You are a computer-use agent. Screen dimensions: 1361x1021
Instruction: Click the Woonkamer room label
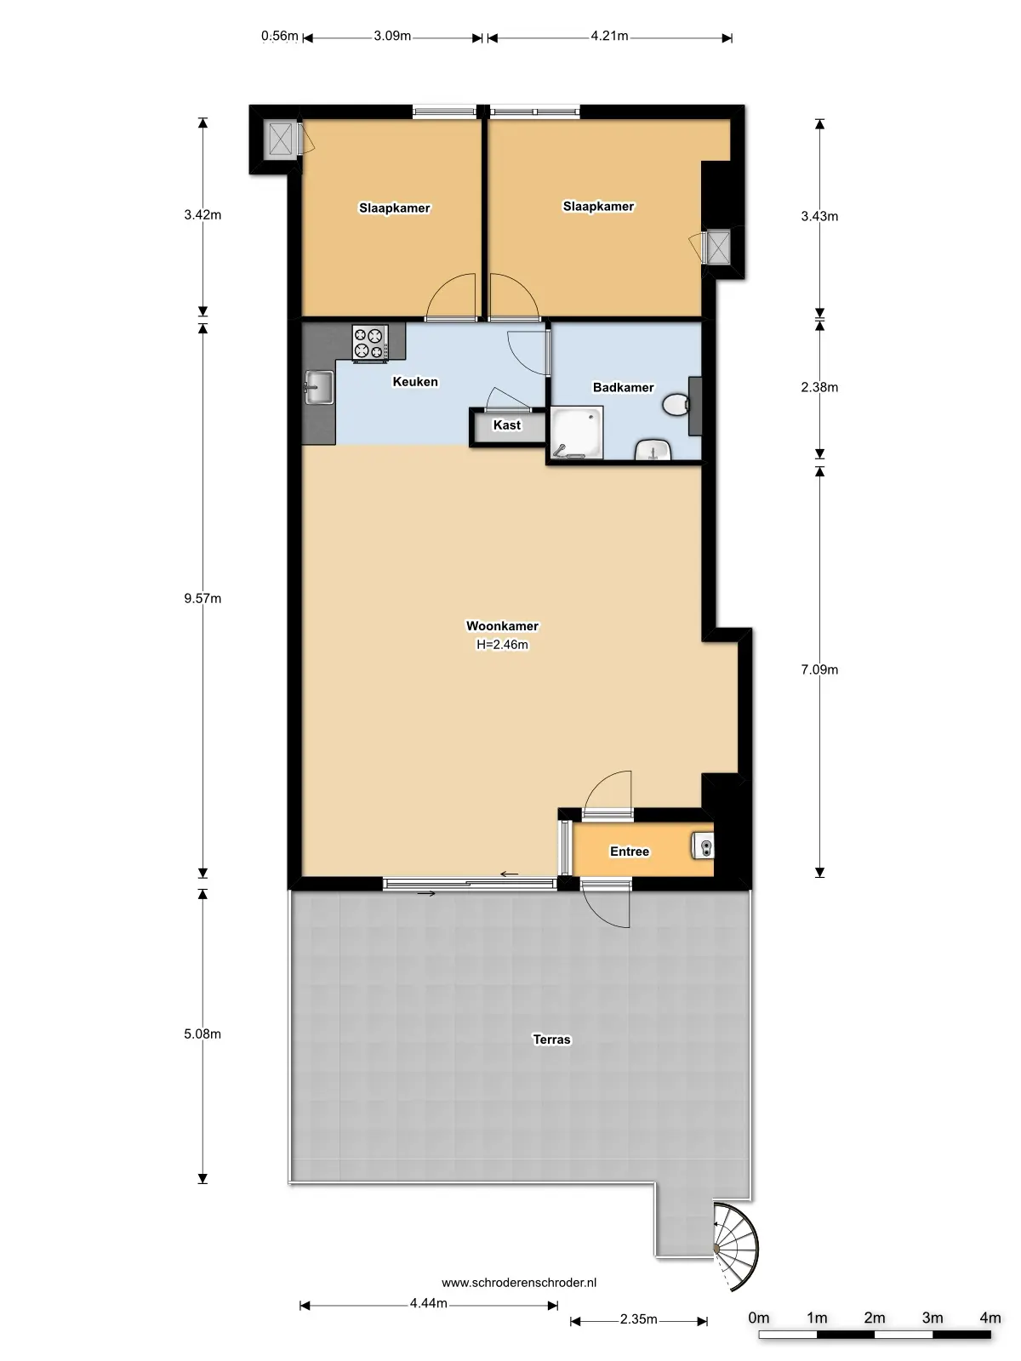pos(502,626)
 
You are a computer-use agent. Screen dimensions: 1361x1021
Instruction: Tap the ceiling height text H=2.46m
pos(502,645)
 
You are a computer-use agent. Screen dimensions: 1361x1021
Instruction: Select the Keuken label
pos(415,382)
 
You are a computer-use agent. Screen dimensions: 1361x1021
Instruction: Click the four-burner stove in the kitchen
pos(370,343)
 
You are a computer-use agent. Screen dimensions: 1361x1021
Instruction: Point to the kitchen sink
pos(318,388)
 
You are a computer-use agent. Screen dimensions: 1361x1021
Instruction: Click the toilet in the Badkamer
pos(677,404)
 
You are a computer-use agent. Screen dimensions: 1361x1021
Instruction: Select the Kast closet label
pos(507,425)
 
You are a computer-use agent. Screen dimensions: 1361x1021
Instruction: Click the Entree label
pos(630,851)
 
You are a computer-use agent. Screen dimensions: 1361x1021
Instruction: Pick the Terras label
pos(551,1039)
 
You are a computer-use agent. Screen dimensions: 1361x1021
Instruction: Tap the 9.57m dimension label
pos(202,599)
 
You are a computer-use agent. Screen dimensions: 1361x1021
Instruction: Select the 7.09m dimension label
pos(819,670)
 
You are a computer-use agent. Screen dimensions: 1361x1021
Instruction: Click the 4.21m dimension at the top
pos(609,36)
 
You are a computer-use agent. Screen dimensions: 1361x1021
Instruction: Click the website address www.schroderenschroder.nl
pos(519,1283)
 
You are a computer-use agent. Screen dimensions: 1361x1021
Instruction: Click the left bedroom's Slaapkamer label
pos(395,208)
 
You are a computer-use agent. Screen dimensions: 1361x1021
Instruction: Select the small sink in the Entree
pos(704,846)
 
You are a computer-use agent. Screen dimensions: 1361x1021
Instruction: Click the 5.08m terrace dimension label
pos(202,1034)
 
